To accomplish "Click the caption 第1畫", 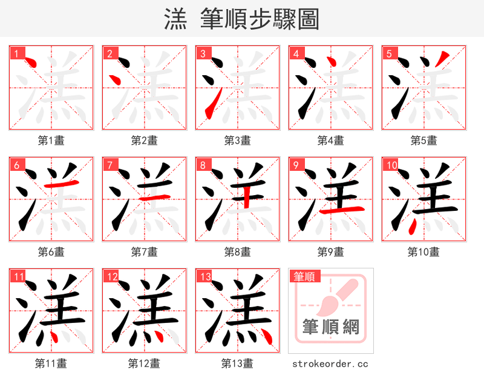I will pyautogui.click(x=51, y=141).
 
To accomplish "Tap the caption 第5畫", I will pyautogui.click(x=423, y=141).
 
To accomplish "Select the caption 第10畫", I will pyautogui.click(x=423, y=252).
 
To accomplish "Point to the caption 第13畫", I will pyautogui.click(x=237, y=364).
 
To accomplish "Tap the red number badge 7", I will pyautogui.click(x=110, y=165).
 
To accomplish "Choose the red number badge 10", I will pyautogui.click(x=391, y=165).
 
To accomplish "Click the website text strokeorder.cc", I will pyautogui.click(x=330, y=364).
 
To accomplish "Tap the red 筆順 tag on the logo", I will pyautogui.click(x=304, y=277).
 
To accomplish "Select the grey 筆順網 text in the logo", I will pyautogui.click(x=331, y=328).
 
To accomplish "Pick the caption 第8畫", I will pyautogui.click(x=237, y=252).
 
